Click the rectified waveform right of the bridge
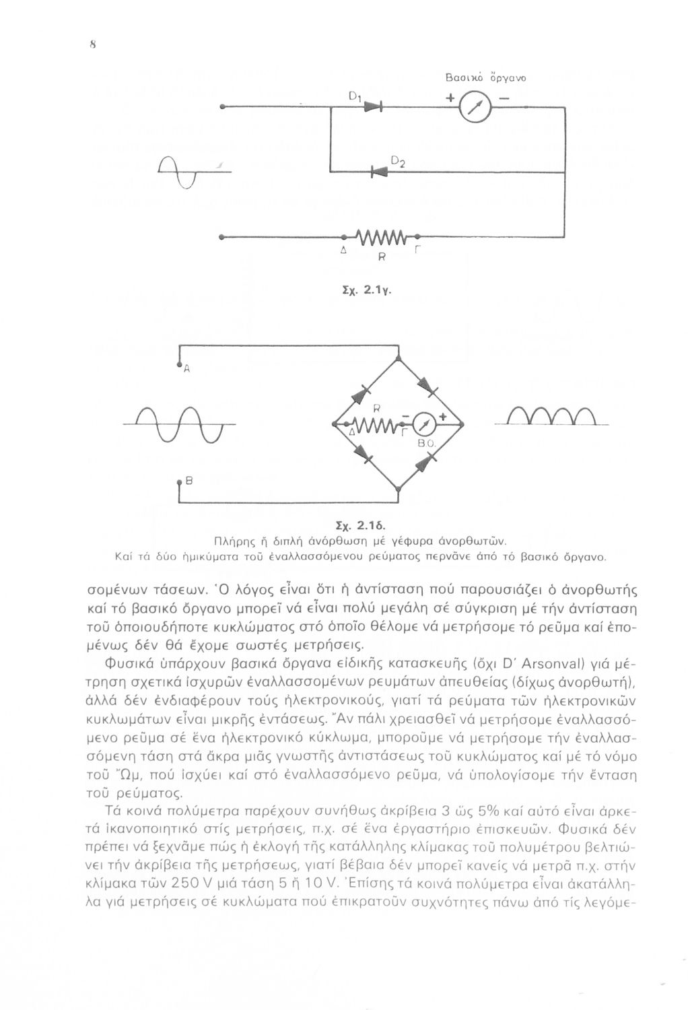point(551,419)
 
